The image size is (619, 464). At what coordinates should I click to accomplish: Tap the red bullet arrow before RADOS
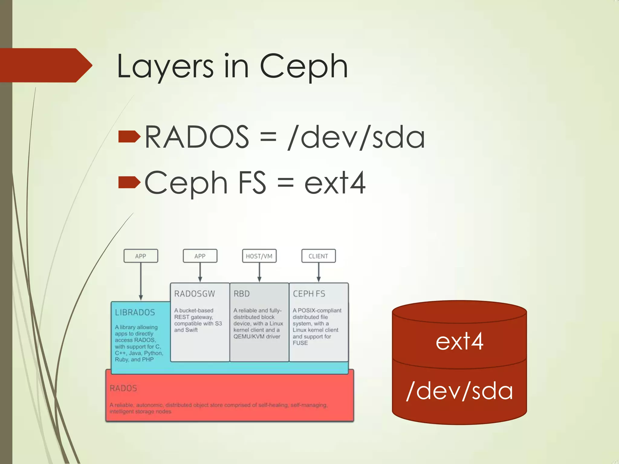(129, 137)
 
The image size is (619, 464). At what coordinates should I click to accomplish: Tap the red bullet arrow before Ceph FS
(129, 182)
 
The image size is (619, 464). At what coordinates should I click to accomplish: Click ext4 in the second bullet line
(335, 183)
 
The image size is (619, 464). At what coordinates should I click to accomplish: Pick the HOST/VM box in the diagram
(259, 256)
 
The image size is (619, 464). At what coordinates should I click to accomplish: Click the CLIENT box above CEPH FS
(318, 256)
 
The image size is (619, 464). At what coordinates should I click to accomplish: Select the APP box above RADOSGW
(200, 256)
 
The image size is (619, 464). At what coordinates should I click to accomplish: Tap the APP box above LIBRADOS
(141, 256)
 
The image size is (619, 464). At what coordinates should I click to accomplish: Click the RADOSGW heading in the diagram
(194, 294)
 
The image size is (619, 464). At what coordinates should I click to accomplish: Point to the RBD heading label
(241, 294)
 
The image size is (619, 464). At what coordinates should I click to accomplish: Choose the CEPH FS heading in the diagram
(309, 294)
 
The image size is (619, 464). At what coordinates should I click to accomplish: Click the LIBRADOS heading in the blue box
(135, 312)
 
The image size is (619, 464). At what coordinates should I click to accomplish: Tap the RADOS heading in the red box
(123, 388)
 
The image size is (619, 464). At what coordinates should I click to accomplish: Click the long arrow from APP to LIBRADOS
(141, 281)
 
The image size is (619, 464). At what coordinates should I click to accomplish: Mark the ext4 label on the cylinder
(459, 342)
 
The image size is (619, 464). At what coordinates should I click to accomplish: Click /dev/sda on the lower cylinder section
(459, 391)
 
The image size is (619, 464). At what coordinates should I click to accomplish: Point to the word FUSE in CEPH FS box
(300, 343)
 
